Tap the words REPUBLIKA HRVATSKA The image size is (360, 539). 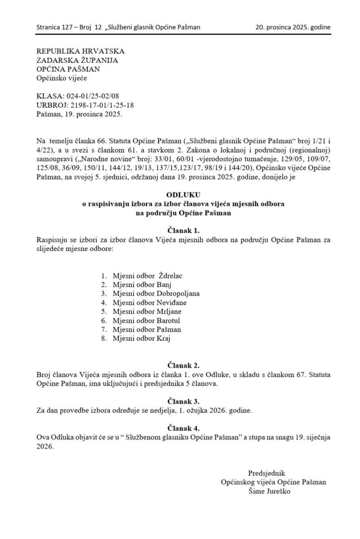(x=80, y=51)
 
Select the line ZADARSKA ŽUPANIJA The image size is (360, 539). (x=78, y=60)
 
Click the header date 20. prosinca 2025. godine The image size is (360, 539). (x=293, y=27)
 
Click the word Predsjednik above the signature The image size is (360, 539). (x=267, y=473)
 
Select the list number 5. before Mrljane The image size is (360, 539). (x=104, y=311)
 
